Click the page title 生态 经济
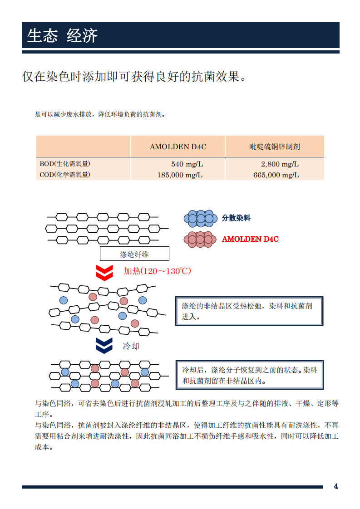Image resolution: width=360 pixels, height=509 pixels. click(62, 35)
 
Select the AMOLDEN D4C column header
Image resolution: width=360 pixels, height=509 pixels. click(178, 147)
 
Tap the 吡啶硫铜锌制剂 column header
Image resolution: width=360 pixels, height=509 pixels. click(275, 147)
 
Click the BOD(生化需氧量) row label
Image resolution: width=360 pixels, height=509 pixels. click(65, 164)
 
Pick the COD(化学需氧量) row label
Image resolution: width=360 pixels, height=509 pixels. click(65, 175)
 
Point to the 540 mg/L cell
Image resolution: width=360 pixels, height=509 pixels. click(187, 164)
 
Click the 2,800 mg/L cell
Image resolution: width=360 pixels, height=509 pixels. click(280, 164)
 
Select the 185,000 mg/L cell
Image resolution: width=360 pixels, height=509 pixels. click(180, 175)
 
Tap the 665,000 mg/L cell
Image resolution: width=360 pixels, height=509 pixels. click(276, 175)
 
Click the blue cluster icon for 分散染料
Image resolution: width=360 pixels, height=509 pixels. click(201, 219)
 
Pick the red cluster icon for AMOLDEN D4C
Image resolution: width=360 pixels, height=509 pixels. click(200, 240)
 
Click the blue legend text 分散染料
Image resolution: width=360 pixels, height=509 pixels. click(236, 218)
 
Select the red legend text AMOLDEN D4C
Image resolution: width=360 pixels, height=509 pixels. click(250, 239)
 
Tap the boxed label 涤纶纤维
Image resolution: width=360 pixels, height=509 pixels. click(134, 254)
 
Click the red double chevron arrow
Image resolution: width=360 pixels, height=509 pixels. click(104, 273)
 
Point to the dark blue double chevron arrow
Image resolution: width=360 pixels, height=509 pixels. click(104, 345)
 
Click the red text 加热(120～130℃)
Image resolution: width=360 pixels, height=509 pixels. click(157, 271)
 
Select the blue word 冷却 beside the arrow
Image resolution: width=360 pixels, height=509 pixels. click(131, 347)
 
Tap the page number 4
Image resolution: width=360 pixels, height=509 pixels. click(336, 486)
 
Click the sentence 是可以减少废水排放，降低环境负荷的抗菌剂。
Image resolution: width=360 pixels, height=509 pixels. click(100, 114)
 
